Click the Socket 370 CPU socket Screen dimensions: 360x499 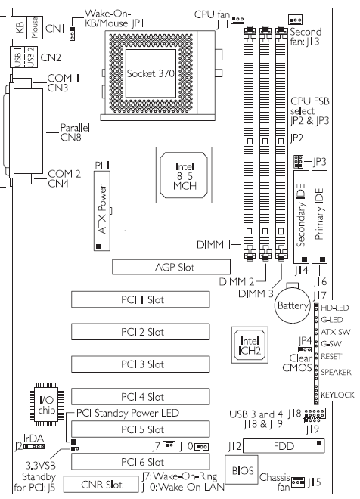pyautogui.click(x=151, y=73)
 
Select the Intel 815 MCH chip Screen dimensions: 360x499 pyautogui.click(x=184, y=175)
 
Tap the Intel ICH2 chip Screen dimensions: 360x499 pyautogui.click(x=250, y=345)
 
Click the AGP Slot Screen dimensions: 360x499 pyautogui.click(x=171, y=267)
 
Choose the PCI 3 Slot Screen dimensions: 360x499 pyautogui.click(x=141, y=364)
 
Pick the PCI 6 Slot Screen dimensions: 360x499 pyautogui.click(x=141, y=462)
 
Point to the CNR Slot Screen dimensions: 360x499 pyautogui.click(x=101, y=484)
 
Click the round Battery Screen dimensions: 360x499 pyautogui.click(x=292, y=305)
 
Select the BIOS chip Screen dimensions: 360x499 pyautogui.click(x=241, y=470)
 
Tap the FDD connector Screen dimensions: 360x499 pyautogui.click(x=284, y=445)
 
